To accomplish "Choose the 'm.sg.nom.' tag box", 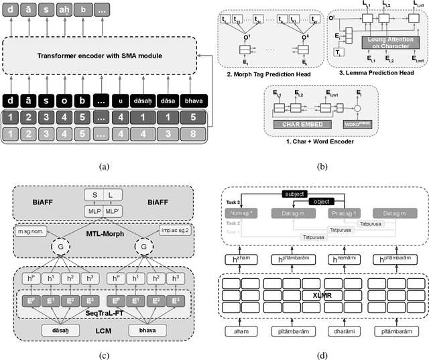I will click(x=32, y=232).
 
